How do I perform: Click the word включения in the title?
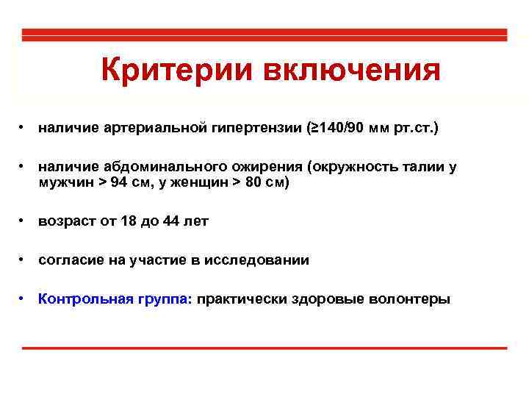coord(347,71)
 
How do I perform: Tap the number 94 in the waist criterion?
coord(119,182)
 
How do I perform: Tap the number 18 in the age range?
coord(123,221)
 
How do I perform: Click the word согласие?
coord(68,260)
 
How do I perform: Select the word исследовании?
coord(262,260)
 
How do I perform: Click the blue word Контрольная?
coord(86,299)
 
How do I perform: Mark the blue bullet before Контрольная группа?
coord(24,299)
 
